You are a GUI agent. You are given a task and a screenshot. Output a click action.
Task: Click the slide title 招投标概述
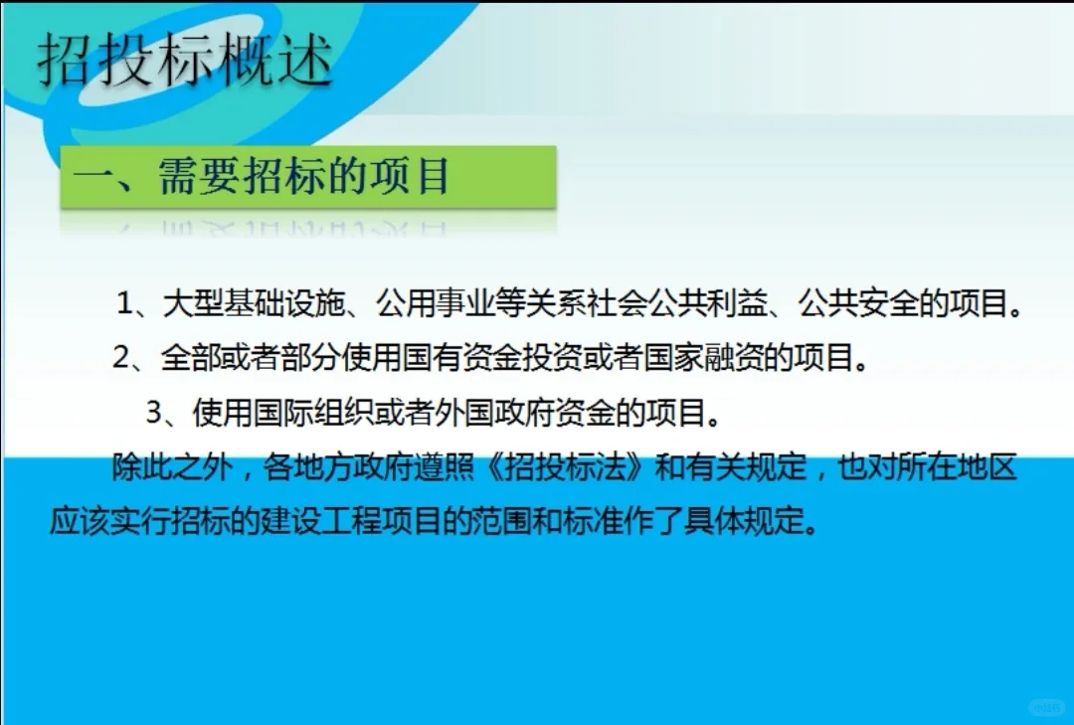[185, 61]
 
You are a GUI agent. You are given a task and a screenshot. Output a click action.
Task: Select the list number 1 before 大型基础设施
[124, 303]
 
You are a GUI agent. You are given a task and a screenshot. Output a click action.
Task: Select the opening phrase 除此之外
[163, 468]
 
